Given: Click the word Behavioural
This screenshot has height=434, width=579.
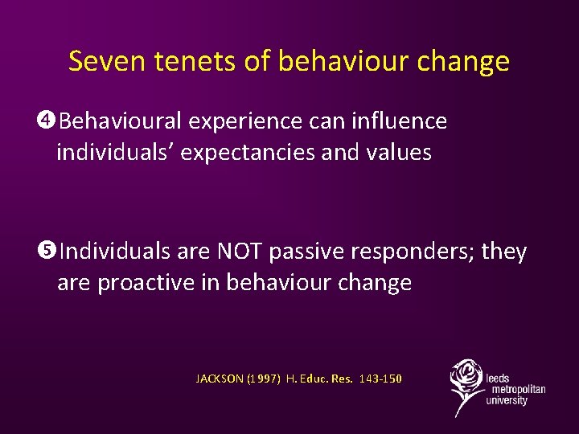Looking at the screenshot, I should pyautogui.click(x=120, y=121).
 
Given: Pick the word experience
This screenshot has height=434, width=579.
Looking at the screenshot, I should pyautogui.click(x=247, y=121).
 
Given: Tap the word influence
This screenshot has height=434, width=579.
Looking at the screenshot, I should pyautogui.click(x=399, y=121).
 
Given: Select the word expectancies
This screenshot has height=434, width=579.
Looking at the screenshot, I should pyautogui.click(x=246, y=153).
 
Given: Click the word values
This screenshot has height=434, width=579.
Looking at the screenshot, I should pyautogui.click(x=399, y=153).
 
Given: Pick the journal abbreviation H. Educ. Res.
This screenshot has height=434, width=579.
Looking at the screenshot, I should pyautogui.click(x=319, y=379).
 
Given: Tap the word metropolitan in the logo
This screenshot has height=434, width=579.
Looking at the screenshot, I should pyautogui.click(x=515, y=389).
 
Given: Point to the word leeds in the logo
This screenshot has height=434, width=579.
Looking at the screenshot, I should pyautogui.click(x=498, y=378).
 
